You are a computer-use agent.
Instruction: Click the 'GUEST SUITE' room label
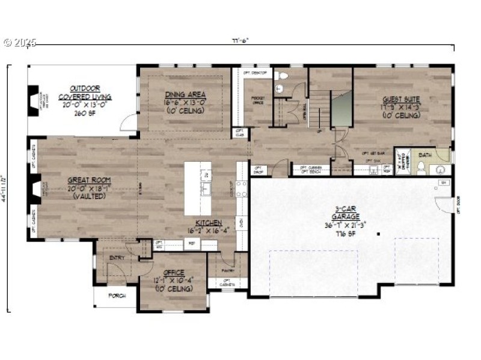[402, 99]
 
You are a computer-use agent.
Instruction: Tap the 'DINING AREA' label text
[185, 94]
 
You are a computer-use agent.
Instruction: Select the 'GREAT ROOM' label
[89, 180]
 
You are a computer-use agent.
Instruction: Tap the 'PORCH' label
[117, 296]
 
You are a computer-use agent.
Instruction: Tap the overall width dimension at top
[240, 41]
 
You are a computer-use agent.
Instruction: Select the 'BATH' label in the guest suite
[425, 155]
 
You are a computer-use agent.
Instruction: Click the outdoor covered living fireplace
[33, 100]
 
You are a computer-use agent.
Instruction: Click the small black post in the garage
[378, 233]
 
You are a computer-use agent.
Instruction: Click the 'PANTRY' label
[227, 270]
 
